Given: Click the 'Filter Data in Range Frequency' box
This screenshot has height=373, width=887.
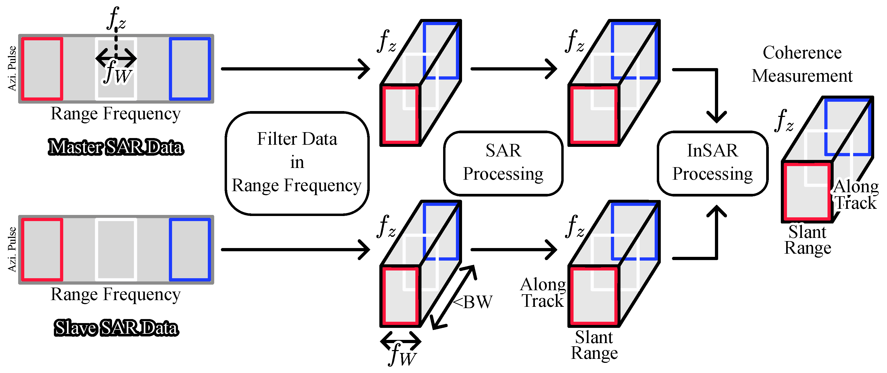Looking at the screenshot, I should tap(297, 163).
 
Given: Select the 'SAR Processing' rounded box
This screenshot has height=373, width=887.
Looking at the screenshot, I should tap(503, 163).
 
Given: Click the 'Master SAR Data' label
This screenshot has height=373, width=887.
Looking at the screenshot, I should tap(116, 147).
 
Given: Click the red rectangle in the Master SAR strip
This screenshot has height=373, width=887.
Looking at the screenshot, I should tap(42, 69).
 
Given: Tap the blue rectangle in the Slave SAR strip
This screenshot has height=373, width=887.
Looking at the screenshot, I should tap(190, 250).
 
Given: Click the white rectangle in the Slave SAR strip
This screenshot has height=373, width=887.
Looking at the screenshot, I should tap(116, 250).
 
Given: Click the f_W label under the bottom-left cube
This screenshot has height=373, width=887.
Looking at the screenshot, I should tap(402, 355).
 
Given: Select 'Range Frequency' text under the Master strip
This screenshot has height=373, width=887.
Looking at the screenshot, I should tap(116, 114).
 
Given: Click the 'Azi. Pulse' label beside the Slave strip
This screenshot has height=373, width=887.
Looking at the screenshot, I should tap(12, 250).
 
